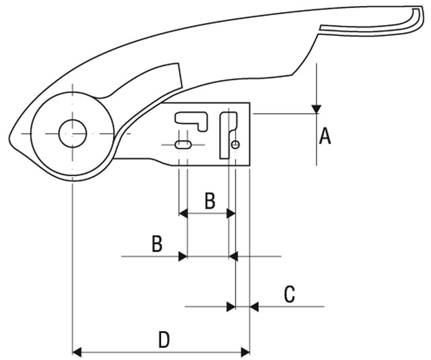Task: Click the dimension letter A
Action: (x=325, y=137)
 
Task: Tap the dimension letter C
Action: (x=289, y=295)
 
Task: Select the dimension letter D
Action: (x=164, y=340)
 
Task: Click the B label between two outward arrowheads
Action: (x=209, y=200)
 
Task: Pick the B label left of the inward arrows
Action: (x=156, y=243)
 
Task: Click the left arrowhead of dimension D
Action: (x=77, y=351)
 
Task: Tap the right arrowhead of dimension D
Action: (x=244, y=351)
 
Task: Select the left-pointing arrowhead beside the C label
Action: (x=255, y=307)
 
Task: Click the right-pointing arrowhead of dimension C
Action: (x=230, y=307)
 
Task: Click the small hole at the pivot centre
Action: (x=71, y=133)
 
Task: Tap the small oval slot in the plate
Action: (x=183, y=144)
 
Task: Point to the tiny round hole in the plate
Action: (x=235, y=144)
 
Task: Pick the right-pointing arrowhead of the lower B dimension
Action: (x=182, y=256)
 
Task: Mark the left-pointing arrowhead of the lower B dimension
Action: (x=234, y=256)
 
